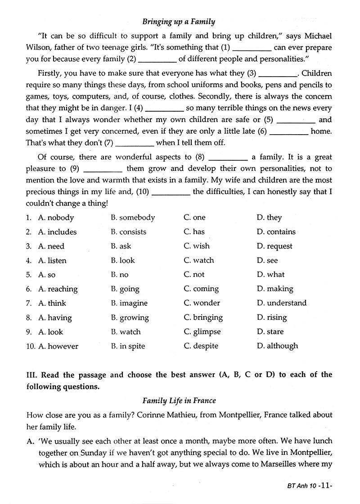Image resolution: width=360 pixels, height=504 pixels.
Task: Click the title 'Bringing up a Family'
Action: pyautogui.click(x=179, y=21)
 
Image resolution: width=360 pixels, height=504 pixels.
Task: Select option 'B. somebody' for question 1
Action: pyautogui.click(x=133, y=218)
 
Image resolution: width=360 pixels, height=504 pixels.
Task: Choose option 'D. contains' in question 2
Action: pyautogui.click(x=276, y=232)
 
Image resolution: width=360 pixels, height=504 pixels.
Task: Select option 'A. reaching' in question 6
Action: pyautogui.click(x=58, y=289)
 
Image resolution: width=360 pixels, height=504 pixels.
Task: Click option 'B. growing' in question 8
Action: pyautogui.click(x=130, y=318)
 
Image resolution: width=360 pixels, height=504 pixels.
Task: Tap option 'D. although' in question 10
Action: pyautogui.click(x=277, y=346)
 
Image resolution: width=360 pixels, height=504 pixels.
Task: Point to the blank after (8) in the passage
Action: pyautogui.click(x=228, y=158)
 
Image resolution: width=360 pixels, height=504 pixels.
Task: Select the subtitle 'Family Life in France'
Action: pyautogui.click(x=179, y=400)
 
